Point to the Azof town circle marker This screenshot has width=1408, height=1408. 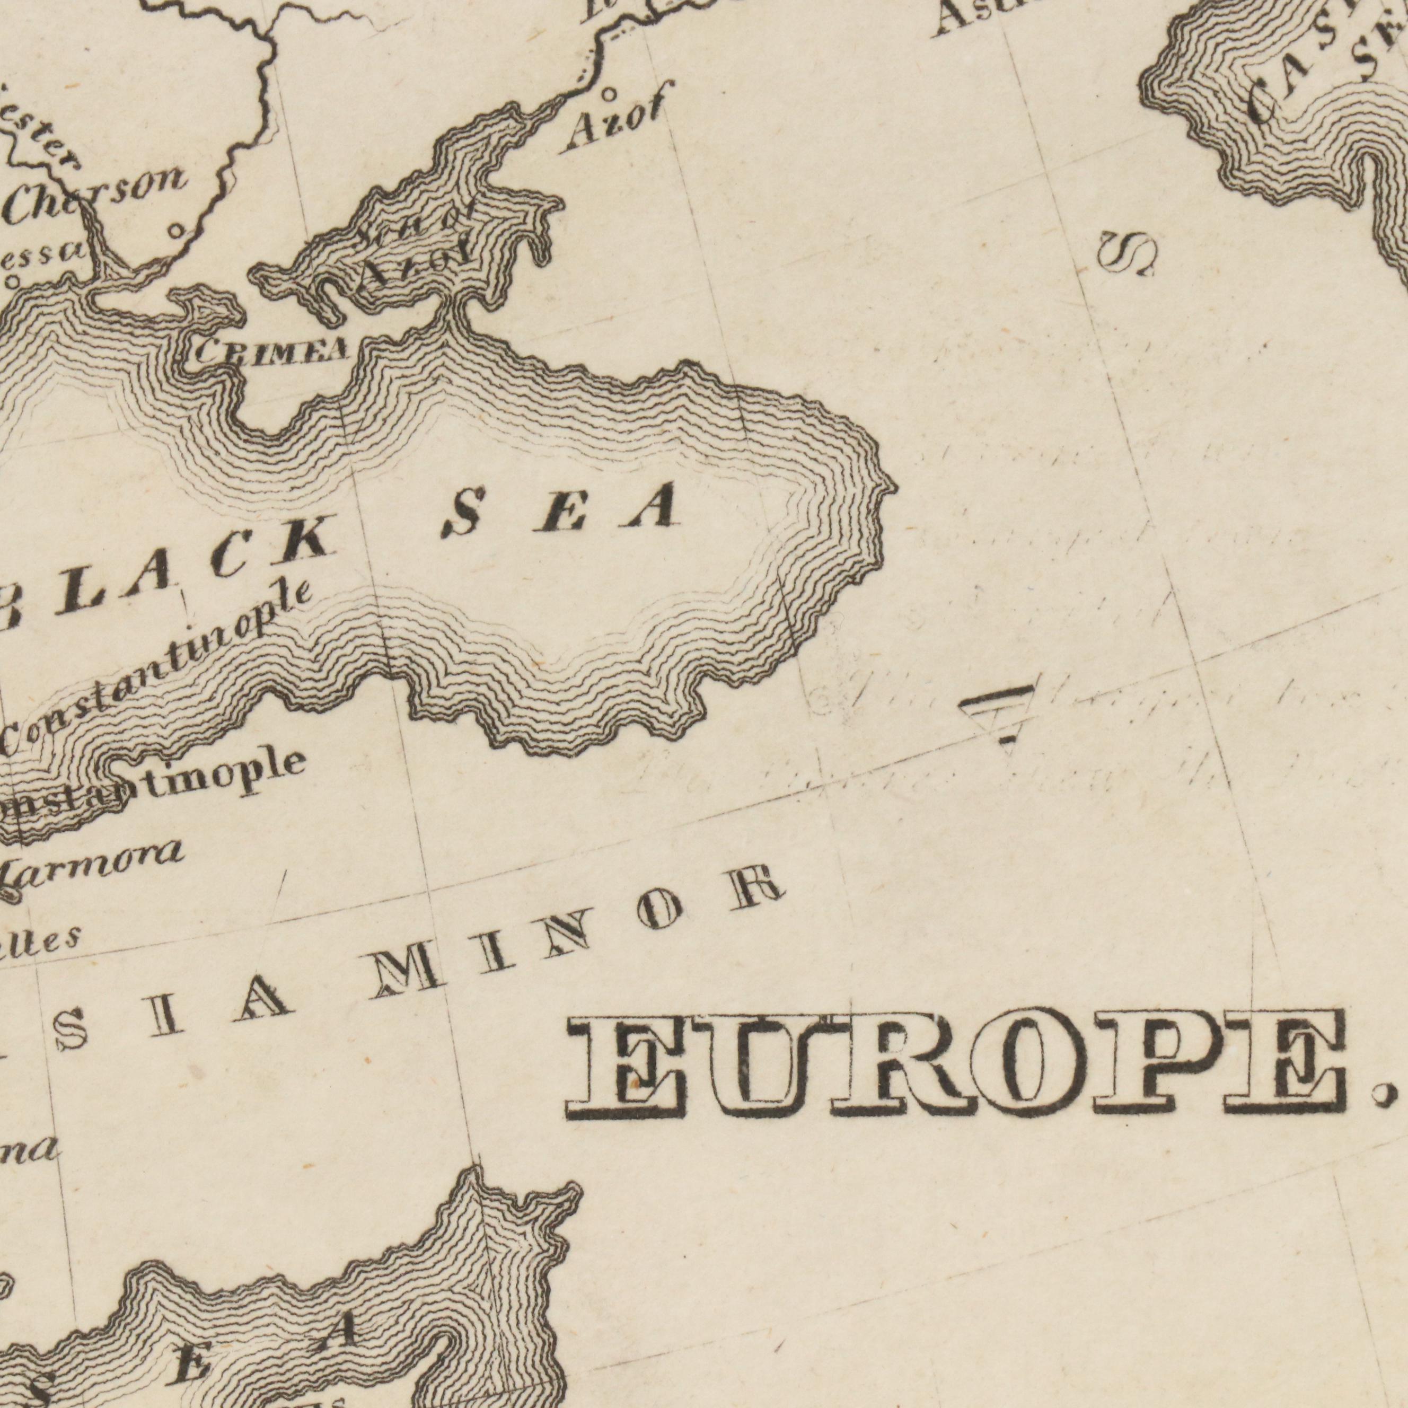[x=609, y=93]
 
